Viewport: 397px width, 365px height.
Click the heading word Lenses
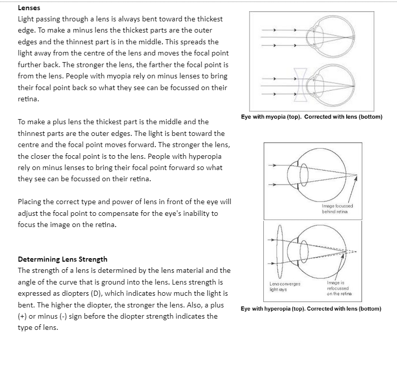point(29,8)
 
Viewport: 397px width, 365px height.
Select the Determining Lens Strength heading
point(63,259)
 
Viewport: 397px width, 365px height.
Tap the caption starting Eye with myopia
point(312,117)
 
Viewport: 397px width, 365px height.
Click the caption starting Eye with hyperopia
point(311,308)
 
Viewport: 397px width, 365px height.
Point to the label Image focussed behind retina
point(338,208)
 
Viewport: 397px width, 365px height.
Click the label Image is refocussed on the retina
point(337,289)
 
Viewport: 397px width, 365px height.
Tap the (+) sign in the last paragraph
point(23,316)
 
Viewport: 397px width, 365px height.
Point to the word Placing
point(30,202)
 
